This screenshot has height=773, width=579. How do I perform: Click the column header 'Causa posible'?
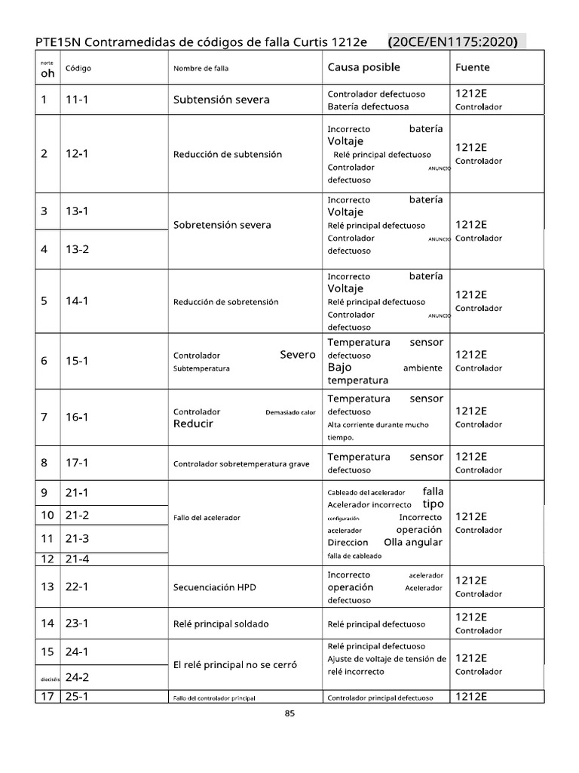click(363, 67)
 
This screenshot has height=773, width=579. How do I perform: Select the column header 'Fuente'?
click(472, 67)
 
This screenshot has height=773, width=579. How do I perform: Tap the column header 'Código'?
click(78, 68)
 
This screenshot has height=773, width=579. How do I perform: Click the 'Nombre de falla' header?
click(201, 68)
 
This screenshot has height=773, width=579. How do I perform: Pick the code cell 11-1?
click(78, 100)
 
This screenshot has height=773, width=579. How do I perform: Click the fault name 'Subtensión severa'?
click(221, 100)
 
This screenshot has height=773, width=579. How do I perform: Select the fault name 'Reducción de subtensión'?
click(228, 154)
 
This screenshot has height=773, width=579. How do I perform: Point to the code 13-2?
click(78, 249)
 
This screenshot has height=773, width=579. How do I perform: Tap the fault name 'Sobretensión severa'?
click(222, 225)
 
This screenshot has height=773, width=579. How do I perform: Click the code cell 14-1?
click(78, 301)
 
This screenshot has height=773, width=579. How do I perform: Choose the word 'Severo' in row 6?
click(297, 355)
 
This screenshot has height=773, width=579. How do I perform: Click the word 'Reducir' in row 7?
click(193, 423)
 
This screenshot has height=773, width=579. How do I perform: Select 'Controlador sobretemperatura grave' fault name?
click(241, 463)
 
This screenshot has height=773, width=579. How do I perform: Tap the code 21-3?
click(78, 538)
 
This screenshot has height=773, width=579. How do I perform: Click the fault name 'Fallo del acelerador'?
click(207, 517)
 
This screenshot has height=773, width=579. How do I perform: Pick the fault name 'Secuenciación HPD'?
click(215, 587)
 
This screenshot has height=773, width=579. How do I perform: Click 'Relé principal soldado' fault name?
click(221, 624)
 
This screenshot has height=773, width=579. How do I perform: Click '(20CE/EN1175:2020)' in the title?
click(452, 42)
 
